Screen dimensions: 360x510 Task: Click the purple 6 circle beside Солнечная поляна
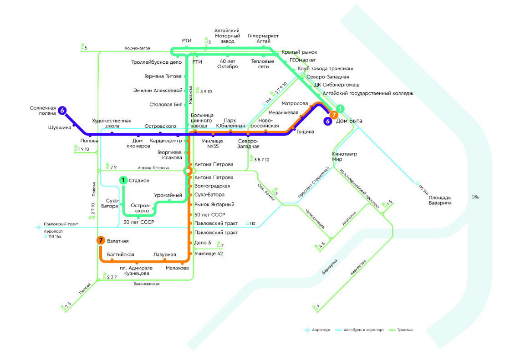[x=62, y=110]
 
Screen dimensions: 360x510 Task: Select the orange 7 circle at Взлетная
[x=101, y=241]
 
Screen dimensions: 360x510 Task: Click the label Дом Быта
[x=349, y=121]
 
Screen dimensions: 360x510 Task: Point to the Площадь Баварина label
[x=440, y=200]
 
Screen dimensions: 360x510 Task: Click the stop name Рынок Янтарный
[x=214, y=205]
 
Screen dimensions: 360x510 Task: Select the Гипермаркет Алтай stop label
[x=263, y=39]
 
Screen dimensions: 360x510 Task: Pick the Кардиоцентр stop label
[x=166, y=141]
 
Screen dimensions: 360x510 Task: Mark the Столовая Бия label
[x=166, y=105]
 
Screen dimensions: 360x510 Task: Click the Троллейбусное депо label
[x=156, y=62]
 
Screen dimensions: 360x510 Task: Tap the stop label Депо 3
[x=203, y=243]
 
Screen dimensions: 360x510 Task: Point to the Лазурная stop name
[x=164, y=255]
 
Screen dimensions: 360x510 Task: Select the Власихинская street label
[x=146, y=284]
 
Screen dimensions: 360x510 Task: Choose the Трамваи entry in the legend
[x=405, y=330]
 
